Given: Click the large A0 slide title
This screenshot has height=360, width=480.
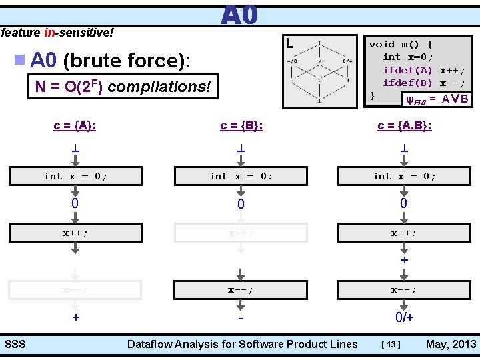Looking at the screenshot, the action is click(239, 15).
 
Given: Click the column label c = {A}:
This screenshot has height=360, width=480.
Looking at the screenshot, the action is click(75, 125).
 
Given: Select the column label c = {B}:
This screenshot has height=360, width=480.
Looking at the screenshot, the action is click(241, 125).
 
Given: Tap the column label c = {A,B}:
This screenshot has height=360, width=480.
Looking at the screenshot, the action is click(404, 125).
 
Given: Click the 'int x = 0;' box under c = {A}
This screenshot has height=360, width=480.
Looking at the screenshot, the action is click(75, 176).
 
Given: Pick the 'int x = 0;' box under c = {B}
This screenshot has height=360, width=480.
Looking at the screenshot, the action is click(241, 176).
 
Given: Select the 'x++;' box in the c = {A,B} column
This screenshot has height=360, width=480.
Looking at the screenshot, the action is click(404, 233).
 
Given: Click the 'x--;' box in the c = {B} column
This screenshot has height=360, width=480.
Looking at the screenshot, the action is click(241, 289).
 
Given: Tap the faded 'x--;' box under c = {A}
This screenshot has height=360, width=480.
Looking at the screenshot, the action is click(75, 289).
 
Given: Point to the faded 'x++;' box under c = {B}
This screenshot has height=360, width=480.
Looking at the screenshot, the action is click(241, 233).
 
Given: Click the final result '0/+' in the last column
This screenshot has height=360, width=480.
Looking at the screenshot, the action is click(404, 317).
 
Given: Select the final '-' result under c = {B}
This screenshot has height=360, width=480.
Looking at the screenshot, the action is click(241, 317).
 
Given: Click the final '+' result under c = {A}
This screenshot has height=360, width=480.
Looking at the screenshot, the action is click(75, 317).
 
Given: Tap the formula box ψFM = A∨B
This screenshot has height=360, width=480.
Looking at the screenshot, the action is click(437, 99).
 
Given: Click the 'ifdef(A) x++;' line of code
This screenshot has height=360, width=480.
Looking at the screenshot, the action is click(424, 70).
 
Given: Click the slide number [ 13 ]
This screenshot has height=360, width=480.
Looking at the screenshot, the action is click(391, 345).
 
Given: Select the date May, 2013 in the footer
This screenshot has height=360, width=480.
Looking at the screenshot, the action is click(451, 344).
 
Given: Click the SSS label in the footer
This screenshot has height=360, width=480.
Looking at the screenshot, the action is click(15, 344).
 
